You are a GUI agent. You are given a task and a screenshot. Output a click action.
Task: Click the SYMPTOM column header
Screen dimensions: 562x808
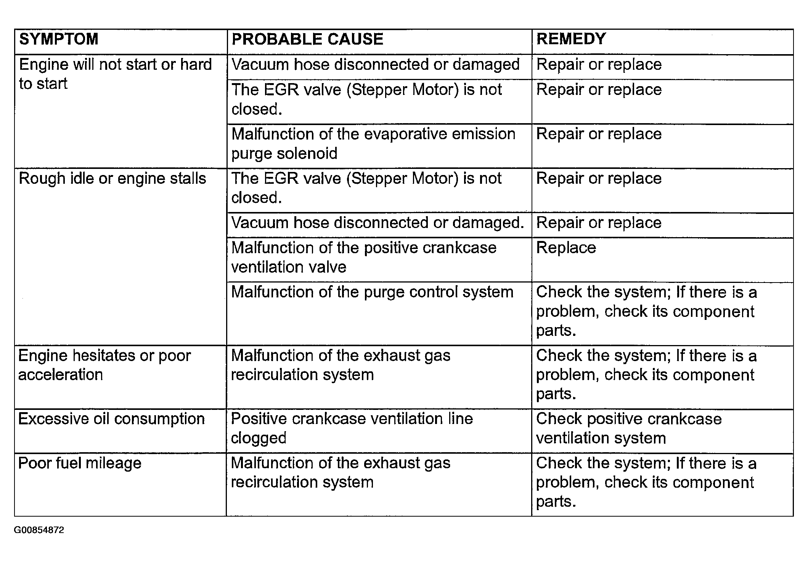point(59,39)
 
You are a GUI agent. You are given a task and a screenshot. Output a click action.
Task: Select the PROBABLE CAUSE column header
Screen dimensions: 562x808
point(307,39)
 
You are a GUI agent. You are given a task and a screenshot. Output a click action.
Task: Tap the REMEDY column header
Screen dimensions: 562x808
point(571,39)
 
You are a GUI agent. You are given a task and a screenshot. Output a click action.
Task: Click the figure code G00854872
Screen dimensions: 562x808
point(39,530)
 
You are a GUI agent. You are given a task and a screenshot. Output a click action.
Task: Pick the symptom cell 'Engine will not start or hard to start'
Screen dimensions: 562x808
point(115,74)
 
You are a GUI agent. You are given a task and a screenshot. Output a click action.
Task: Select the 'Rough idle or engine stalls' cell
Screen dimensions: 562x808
point(112,178)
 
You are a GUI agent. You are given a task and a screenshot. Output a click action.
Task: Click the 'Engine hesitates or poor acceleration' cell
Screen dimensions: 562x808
point(104,365)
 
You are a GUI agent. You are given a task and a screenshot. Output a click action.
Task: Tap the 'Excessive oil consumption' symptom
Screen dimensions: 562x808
point(111,419)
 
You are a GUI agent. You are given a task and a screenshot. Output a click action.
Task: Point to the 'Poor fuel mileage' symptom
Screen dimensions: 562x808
point(80,463)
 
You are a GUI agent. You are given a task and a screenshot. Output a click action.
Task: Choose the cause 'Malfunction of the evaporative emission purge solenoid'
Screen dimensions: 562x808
point(373,144)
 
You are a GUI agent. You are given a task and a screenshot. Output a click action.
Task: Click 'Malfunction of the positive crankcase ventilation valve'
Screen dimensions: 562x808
point(364,257)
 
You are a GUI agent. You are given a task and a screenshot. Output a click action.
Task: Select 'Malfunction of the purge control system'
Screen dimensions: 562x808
point(372,292)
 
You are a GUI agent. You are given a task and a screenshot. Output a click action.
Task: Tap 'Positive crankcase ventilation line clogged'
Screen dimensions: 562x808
point(352,428)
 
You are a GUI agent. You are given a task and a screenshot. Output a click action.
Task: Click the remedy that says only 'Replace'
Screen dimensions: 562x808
point(566,248)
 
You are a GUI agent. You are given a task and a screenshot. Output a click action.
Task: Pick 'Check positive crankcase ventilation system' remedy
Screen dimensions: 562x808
point(629,428)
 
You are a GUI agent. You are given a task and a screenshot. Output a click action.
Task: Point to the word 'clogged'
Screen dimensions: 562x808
point(259,438)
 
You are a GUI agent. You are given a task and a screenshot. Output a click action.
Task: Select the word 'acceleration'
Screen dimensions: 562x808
point(61,375)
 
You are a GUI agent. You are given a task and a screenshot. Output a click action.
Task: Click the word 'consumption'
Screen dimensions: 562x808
point(159,419)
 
